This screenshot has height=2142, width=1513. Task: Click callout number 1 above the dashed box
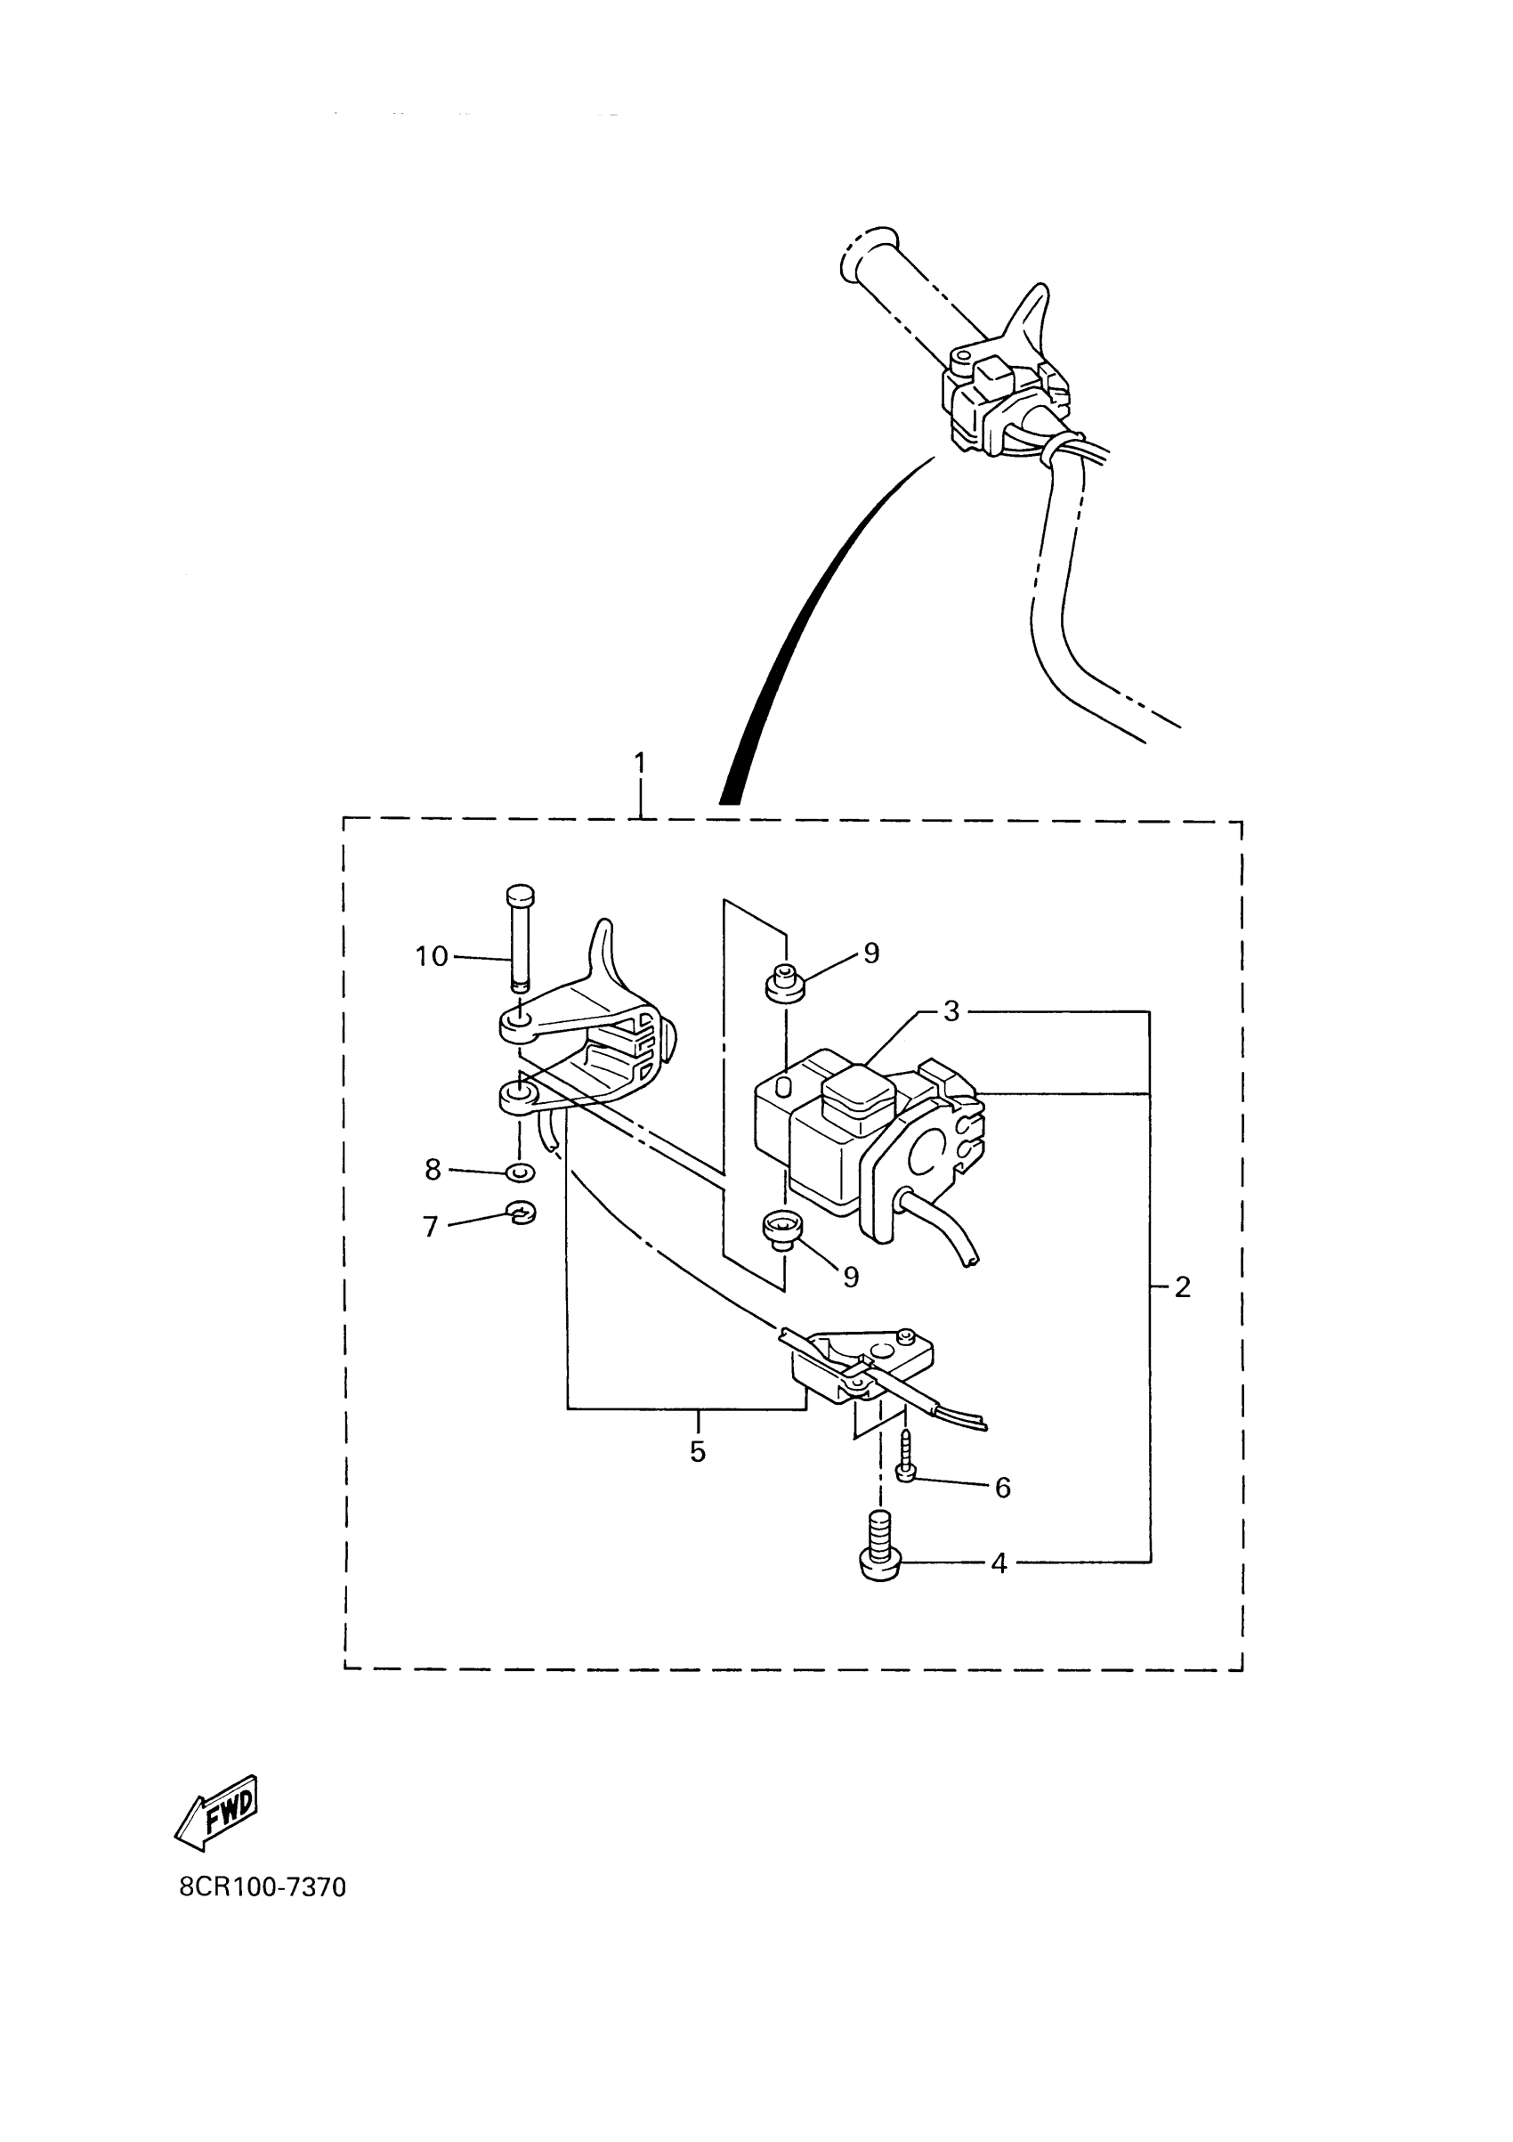(640, 763)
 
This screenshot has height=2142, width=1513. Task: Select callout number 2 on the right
(1183, 1287)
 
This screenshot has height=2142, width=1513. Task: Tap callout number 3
(951, 1011)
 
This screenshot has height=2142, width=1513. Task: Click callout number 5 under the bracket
(698, 1453)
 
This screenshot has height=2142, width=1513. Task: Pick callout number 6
(1003, 1488)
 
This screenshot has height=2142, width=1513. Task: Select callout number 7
(431, 1227)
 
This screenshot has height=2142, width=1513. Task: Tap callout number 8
(433, 1169)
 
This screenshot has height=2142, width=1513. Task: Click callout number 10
(432, 956)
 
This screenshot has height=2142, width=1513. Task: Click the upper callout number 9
(871, 953)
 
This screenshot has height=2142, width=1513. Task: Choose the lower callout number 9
(851, 1278)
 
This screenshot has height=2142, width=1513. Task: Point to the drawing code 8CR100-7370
(263, 1887)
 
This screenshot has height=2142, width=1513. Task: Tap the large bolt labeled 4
(877, 1554)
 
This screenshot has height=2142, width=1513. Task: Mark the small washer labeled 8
(520, 1172)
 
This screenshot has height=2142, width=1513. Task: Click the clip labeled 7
(522, 1213)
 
